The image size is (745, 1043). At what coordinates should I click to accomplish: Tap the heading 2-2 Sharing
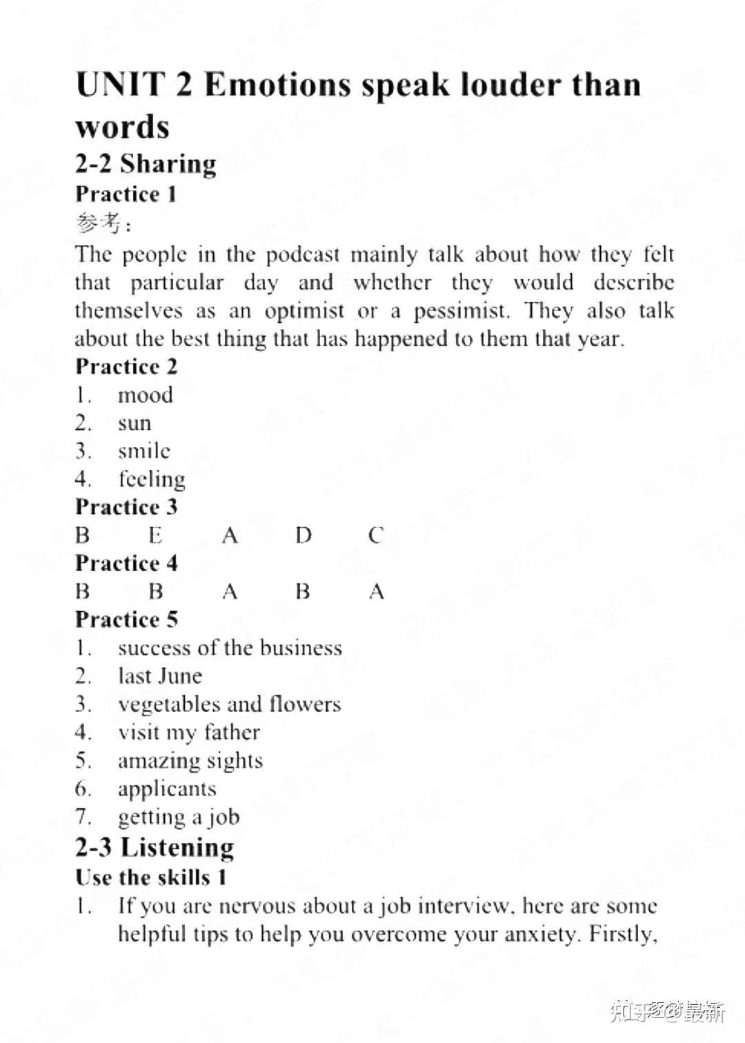tap(146, 164)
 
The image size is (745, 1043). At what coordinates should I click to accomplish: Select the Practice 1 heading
tap(126, 194)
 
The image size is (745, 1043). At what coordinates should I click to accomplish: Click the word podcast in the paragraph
tap(303, 255)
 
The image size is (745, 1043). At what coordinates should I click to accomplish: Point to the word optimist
tap(304, 311)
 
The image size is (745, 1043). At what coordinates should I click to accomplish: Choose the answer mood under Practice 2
tap(145, 395)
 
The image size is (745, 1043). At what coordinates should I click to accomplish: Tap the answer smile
tap(143, 451)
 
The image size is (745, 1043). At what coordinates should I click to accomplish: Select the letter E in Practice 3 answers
tap(155, 535)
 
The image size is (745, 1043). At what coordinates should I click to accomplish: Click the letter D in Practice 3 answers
tap(304, 535)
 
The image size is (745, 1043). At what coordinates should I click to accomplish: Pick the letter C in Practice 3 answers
tap(376, 535)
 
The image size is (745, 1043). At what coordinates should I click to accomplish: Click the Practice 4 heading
tap(126, 563)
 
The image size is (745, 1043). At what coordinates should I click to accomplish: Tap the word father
tap(231, 732)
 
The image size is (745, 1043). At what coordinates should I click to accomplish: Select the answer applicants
tap(167, 788)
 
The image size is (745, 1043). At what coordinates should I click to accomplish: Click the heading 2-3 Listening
tap(155, 847)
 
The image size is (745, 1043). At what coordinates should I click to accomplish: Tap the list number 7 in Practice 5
tap(83, 817)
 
